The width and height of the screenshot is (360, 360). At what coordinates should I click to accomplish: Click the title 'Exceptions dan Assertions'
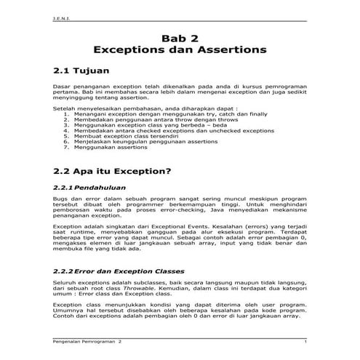(180, 52)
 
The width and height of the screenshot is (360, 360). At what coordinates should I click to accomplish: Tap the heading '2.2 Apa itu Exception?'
(112, 172)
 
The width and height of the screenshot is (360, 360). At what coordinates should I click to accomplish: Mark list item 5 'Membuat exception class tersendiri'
(128, 138)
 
